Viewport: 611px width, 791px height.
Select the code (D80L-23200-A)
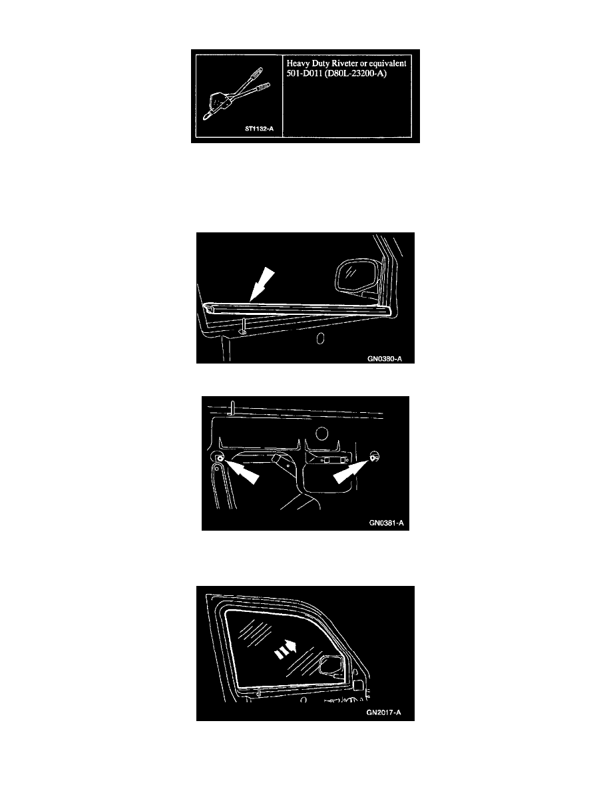click(356, 74)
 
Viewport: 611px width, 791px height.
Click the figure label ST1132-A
click(259, 129)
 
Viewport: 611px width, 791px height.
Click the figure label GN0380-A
click(384, 359)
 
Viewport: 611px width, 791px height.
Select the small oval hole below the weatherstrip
click(319, 338)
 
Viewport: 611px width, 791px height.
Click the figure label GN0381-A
click(386, 523)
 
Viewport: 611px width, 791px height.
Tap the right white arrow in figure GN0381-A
click(350, 473)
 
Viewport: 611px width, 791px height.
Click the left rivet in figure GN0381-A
click(219, 458)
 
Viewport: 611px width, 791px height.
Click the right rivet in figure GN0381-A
click(375, 458)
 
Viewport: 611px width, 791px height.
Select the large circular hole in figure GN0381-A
click(321, 433)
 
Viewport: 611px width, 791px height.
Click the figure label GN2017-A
click(384, 713)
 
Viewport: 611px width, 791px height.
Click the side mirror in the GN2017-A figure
click(332, 665)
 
